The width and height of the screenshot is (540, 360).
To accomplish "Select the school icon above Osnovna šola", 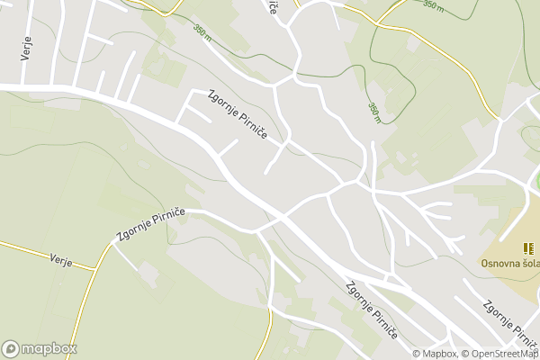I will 527,247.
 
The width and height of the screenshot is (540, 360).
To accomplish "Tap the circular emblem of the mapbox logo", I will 12,348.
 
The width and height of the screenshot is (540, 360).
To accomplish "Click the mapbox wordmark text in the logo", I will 49,348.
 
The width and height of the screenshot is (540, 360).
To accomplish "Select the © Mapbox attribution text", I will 436,354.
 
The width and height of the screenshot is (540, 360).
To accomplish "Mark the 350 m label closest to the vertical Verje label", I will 202,31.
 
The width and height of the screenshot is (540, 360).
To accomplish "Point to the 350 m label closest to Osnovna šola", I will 373,111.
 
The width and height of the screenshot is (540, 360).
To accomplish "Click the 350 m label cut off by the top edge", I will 434,4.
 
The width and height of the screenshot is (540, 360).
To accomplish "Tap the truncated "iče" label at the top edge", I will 272,5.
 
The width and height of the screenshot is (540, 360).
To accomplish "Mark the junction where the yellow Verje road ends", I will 96,267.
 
